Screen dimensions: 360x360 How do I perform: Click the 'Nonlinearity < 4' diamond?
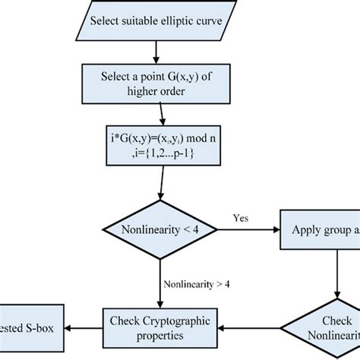155,229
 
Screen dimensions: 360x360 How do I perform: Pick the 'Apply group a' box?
319,229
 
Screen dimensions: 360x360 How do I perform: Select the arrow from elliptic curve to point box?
155,52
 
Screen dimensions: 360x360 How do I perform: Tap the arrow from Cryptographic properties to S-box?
84,327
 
